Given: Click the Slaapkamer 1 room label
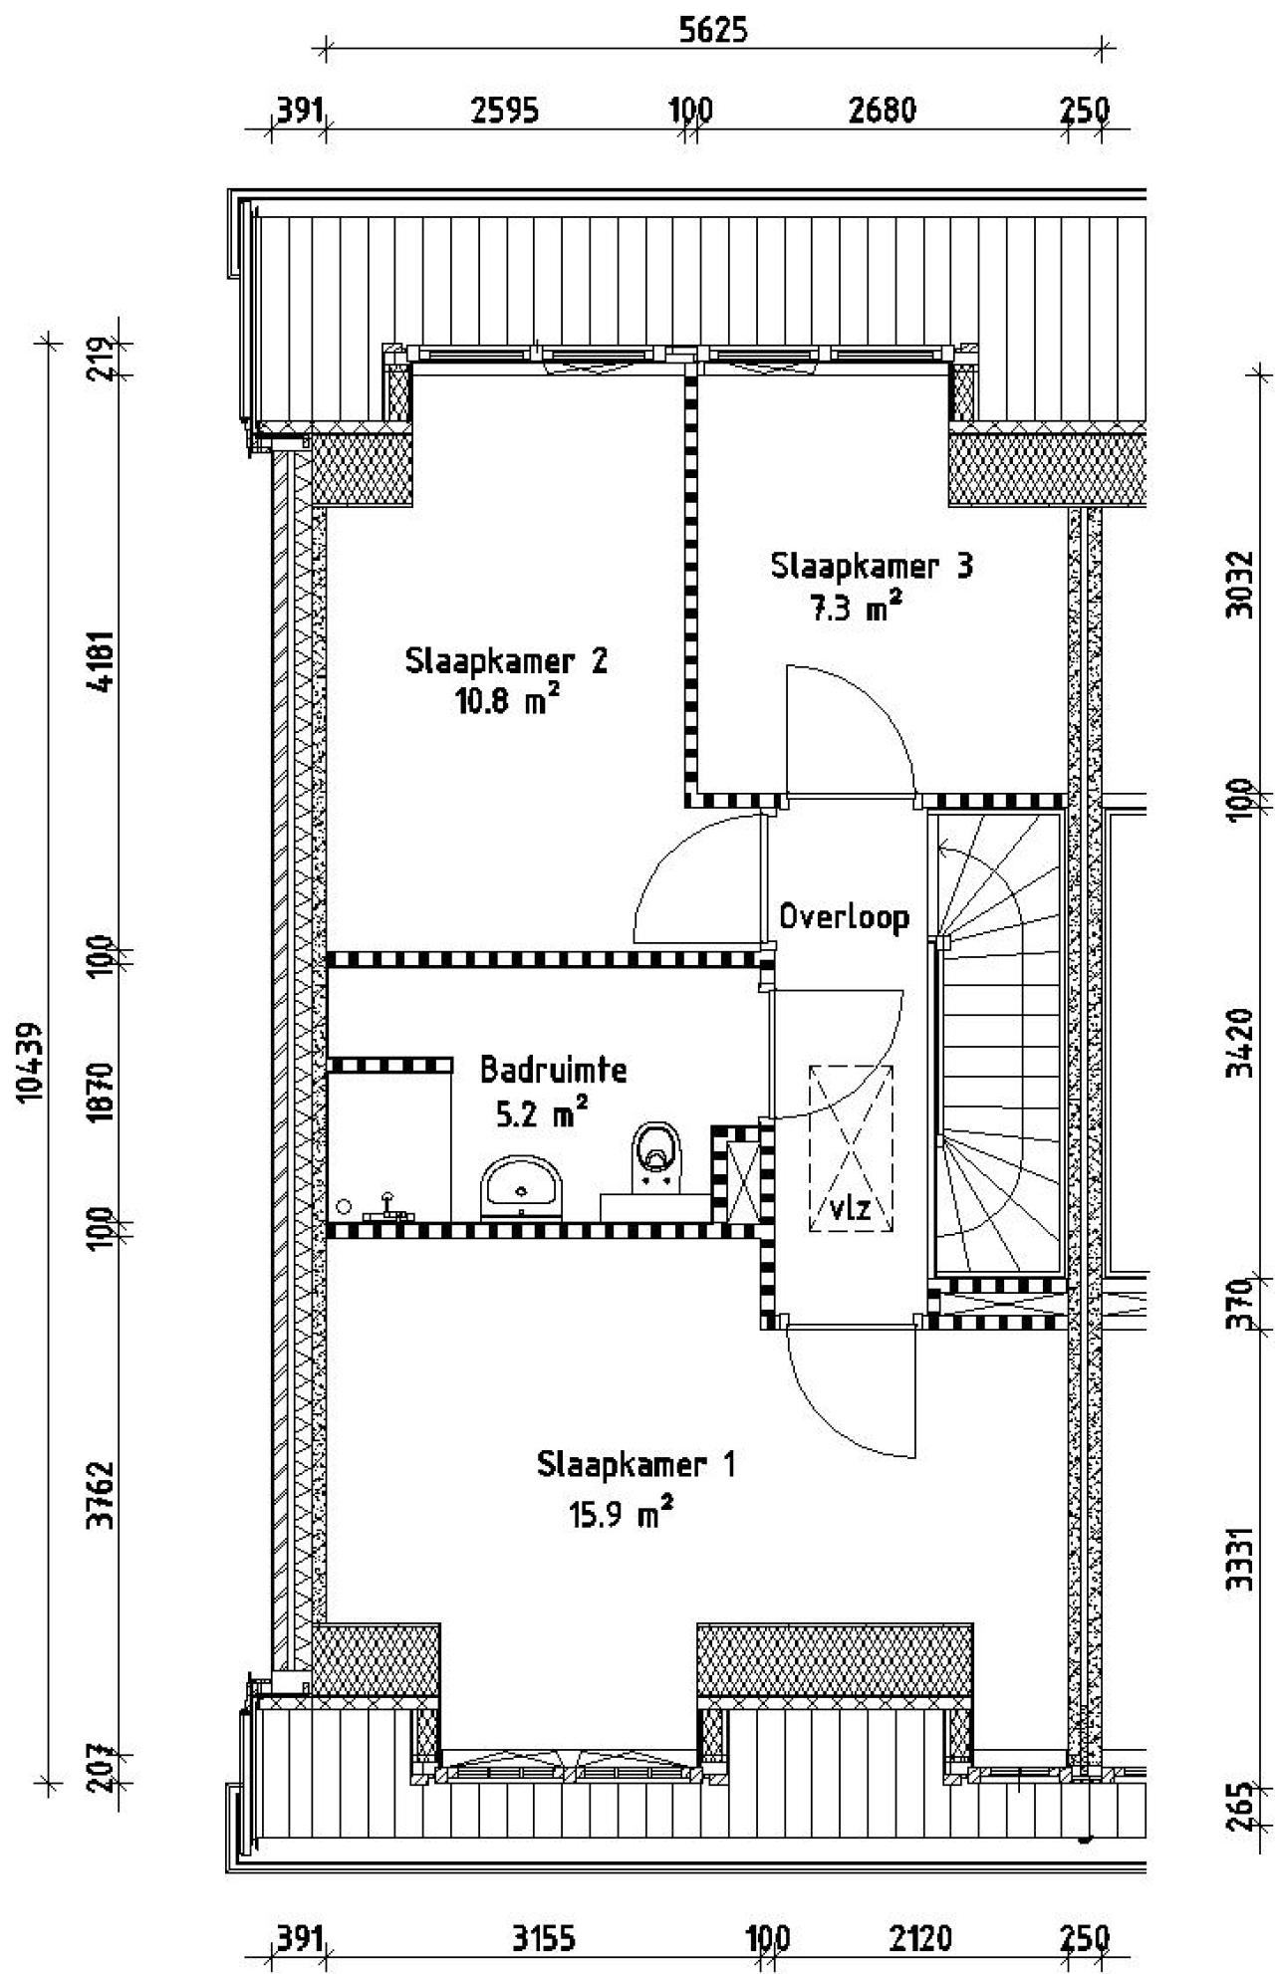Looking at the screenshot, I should [636, 1465].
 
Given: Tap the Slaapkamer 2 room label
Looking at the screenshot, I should [506, 661].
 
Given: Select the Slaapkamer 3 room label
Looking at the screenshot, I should [872, 566].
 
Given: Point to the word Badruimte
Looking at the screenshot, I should [553, 1071].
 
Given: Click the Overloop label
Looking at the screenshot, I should [844, 916].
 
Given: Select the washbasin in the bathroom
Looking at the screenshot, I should [521, 1187].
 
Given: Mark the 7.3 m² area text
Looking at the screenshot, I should [855, 607].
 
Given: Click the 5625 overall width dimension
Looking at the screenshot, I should [712, 31].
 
